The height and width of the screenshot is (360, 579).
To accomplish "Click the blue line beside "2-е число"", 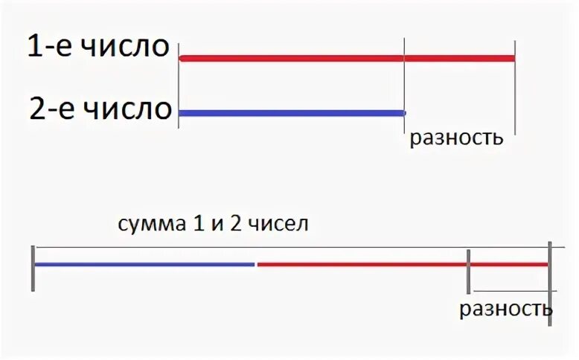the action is (x=290, y=113).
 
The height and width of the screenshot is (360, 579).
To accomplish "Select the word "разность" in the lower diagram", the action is (x=505, y=309).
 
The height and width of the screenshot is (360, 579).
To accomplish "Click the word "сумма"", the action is (x=149, y=223).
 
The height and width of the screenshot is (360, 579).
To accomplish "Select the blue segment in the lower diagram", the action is (x=144, y=264).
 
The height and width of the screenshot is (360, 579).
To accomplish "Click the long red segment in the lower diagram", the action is (x=362, y=264).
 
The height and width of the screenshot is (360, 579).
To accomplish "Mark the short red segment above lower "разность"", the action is (x=508, y=264).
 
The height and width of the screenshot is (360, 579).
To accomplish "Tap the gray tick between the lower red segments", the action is (x=468, y=271).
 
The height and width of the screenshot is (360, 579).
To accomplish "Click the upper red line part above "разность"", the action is (x=458, y=58).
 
